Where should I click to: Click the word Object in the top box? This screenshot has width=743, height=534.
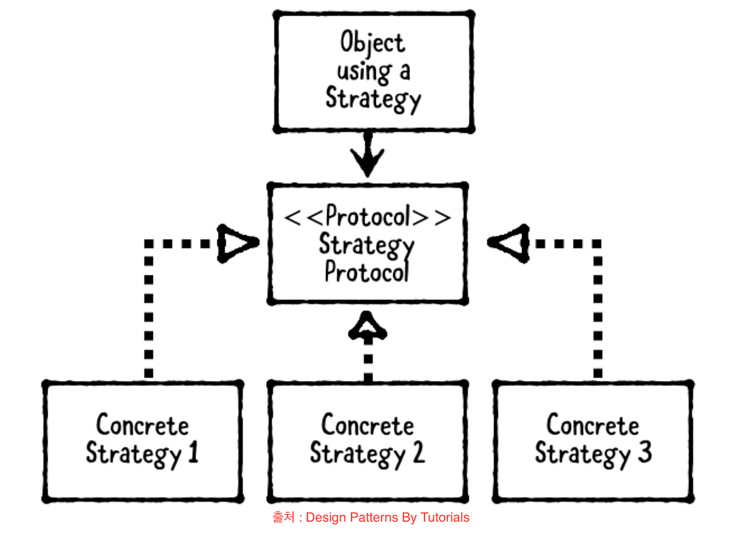click(x=373, y=43)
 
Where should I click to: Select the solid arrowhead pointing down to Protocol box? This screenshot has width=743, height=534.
click(x=368, y=162)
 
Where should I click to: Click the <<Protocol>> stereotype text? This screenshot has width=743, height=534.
click(x=368, y=217)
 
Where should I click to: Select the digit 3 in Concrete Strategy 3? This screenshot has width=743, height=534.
click(x=644, y=453)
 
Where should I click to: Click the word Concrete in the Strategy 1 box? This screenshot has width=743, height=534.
click(x=143, y=426)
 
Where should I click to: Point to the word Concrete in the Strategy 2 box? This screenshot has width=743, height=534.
click(x=368, y=426)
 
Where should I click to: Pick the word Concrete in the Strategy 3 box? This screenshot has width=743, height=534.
click(x=593, y=426)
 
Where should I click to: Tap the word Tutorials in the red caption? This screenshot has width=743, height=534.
click(x=445, y=517)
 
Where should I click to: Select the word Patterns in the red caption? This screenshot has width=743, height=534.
click(x=374, y=517)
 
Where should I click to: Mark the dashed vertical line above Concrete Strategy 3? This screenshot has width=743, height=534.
click(x=597, y=310)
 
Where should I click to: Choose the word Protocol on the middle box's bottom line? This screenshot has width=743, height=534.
click(x=367, y=273)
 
